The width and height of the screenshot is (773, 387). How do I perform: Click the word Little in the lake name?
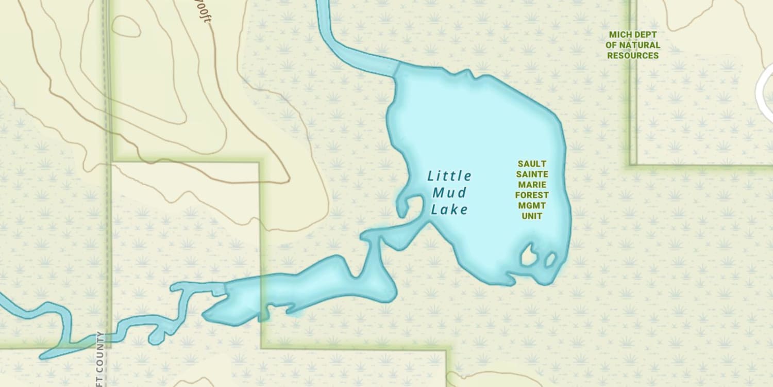tap(449, 176)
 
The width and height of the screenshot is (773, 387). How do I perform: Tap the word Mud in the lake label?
tap(449, 193)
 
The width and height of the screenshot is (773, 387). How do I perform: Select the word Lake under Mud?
tap(449, 209)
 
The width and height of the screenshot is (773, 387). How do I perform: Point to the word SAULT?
tap(532, 164)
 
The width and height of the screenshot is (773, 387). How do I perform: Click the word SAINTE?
tap(532, 174)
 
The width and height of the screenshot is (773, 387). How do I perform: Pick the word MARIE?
tap(532, 185)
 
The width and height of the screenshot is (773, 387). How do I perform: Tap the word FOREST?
tap(532, 195)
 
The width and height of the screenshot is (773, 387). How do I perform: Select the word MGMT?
tap(532, 205)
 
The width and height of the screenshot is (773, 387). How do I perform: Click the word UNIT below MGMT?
tap(532, 216)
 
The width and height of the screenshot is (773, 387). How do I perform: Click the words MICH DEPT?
tap(633, 35)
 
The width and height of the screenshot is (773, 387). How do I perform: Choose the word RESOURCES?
tap(633, 55)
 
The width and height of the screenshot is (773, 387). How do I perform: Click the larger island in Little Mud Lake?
tap(528, 255)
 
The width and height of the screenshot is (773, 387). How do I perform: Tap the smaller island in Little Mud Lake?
tap(550, 259)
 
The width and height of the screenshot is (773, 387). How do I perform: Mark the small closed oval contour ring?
tap(126, 26)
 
